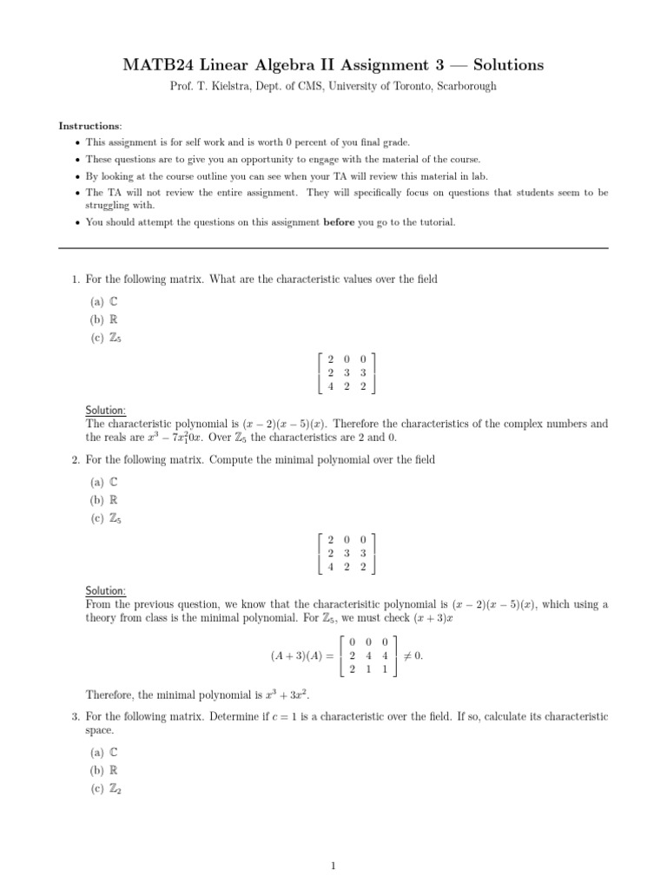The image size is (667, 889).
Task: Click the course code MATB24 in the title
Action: [x=156, y=65]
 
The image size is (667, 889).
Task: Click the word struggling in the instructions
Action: [x=108, y=206]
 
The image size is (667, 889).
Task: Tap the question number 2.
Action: [x=76, y=459]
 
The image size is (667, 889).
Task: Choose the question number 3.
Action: [x=76, y=717]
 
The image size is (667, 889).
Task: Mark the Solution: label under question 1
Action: [x=106, y=410]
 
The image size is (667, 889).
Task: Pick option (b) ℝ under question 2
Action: [x=103, y=500]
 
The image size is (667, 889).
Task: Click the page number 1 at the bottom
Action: [x=333, y=866]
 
